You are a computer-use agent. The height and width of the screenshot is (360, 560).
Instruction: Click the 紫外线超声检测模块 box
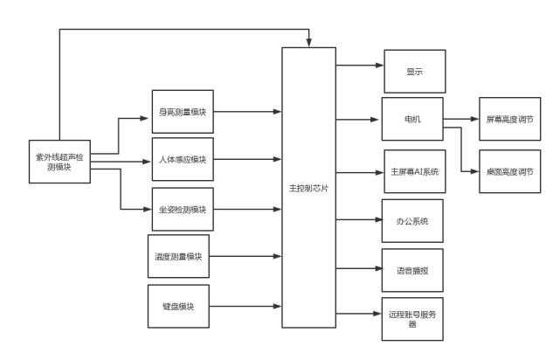tap(59, 162)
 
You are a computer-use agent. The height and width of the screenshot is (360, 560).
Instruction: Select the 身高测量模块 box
tap(181, 112)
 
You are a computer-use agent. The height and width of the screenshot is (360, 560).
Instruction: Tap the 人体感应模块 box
tap(181, 160)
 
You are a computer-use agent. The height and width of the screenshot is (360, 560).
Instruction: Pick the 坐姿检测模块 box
tap(181, 210)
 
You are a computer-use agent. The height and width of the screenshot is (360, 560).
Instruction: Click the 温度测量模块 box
tap(178, 257)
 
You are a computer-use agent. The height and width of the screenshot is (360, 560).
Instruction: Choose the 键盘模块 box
tap(178, 307)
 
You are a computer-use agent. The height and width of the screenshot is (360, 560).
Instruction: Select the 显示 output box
tap(415, 72)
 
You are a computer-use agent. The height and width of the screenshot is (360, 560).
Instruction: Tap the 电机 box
tap(412, 119)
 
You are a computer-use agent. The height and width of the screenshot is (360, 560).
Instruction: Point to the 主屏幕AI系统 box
tap(415, 171)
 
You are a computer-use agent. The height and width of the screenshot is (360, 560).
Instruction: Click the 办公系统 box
tap(412, 220)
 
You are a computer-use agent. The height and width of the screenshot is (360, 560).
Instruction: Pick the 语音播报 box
tap(412, 270)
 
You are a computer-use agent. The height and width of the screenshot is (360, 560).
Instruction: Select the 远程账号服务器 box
tap(412, 320)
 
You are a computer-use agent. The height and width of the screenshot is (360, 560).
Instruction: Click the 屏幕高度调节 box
tap(508, 119)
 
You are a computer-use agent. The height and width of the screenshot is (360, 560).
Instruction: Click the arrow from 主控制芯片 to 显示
tap(360, 65)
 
